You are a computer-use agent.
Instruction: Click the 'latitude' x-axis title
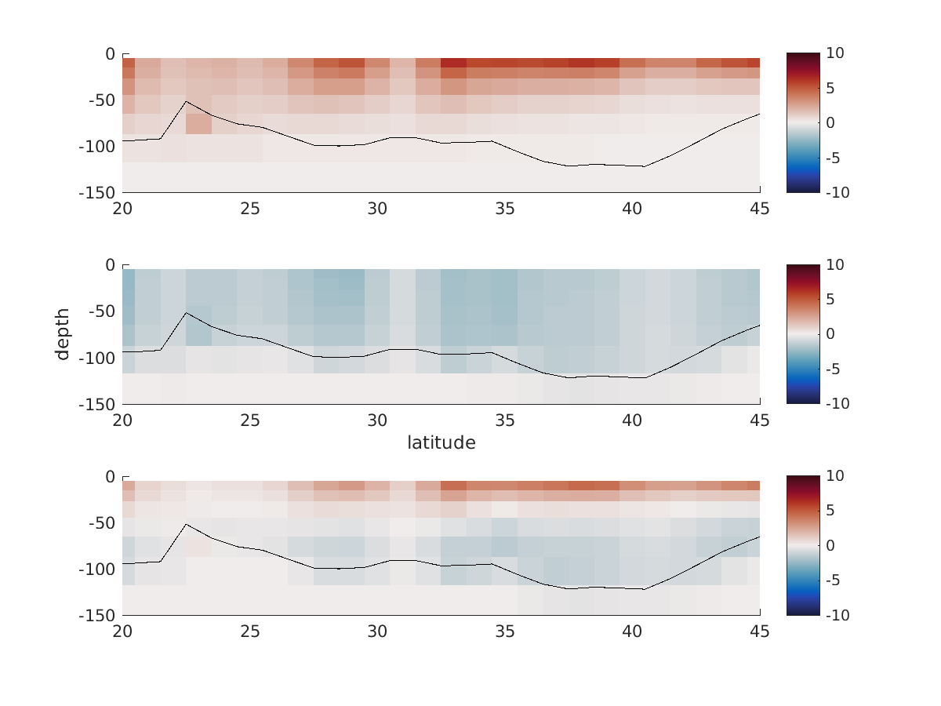click(441, 443)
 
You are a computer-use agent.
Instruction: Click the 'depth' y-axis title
click(63, 334)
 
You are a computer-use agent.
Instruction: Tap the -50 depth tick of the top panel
click(100, 100)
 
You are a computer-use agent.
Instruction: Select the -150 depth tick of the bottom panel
click(96, 616)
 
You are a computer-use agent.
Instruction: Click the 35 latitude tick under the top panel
click(505, 209)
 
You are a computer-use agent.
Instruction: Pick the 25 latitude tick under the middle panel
click(250, 420)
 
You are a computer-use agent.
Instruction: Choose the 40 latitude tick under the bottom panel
click(633, 632)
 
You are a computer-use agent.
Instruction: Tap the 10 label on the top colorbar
click(834, 53)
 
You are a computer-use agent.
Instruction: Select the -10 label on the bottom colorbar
click(835, 616)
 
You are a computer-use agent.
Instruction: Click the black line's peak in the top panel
click(186, 101)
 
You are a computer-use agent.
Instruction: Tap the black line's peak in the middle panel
click(186, 312)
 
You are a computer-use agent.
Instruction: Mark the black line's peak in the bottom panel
click(186, 524)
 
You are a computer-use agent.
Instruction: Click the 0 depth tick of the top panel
click(110, 54)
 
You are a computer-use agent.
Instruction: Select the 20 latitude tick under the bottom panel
click(122, 632)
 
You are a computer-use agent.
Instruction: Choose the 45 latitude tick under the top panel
click(760, 209)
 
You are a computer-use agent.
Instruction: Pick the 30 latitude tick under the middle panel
click(377, 420)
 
